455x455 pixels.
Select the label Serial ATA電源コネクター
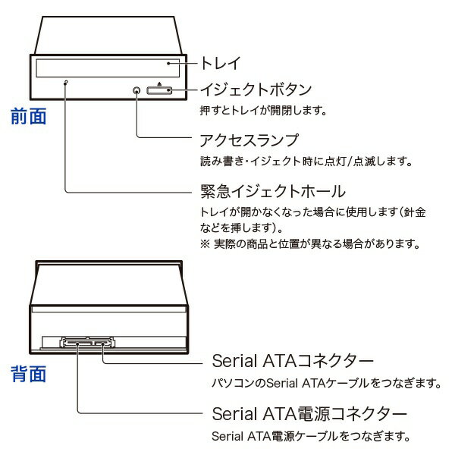point(308,414)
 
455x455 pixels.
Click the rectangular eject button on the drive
point(160,91)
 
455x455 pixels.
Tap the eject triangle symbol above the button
point(160,82)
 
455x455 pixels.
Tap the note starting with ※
point(311,244)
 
